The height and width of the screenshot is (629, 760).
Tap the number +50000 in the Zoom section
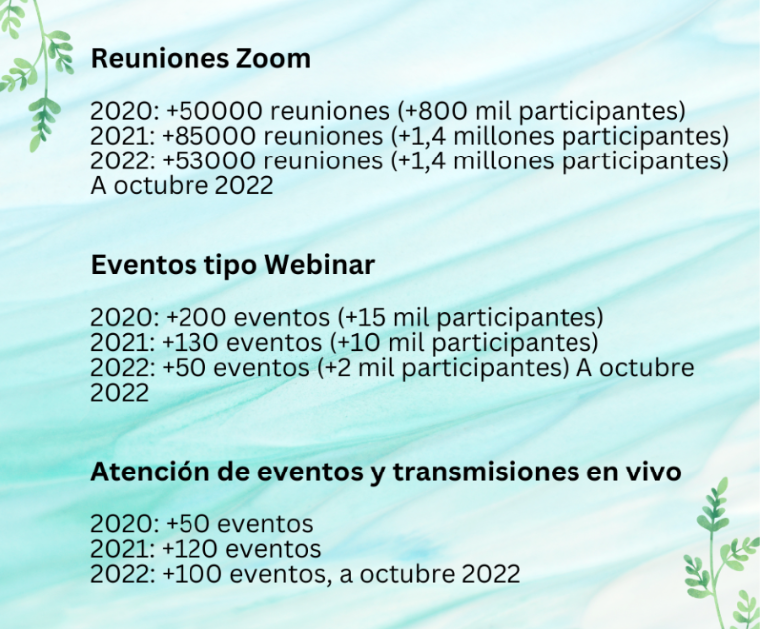click(x=213, y=111)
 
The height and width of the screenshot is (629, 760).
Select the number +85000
click(x=208, y=136)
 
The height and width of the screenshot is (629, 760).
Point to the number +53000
click(x=208, y=160)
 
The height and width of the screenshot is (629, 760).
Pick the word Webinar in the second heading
click(x=320, y=264)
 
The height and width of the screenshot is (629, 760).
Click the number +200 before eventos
click(x=195, y=318)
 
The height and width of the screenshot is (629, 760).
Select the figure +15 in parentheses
click(x=366, y=318)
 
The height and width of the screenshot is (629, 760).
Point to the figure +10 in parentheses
click(x=360, y=343)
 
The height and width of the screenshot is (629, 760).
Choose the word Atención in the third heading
click(x=150, y=472)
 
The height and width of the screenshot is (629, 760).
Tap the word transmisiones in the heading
click(x=486, y=472)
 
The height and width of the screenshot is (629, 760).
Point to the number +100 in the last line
click(x=192, y=574)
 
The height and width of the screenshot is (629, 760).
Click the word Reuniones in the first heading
click(x=160, y=58)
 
